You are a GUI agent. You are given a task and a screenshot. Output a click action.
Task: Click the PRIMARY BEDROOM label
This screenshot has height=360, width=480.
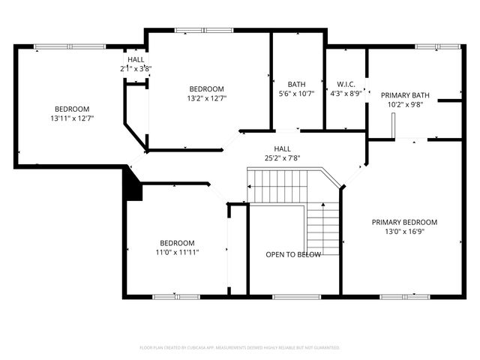click(x=405, y=222)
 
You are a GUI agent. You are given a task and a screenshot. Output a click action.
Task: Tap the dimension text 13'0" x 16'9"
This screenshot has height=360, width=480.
click(x=405, y=232)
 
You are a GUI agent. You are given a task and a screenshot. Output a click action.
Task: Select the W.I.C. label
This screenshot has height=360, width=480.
click(x=346, y=84)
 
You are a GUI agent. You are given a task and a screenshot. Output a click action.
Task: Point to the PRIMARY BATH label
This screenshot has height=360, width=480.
click(x=405, y=95)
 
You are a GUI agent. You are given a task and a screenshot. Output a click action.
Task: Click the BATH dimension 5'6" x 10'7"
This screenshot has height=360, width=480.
click(x=296, y=94)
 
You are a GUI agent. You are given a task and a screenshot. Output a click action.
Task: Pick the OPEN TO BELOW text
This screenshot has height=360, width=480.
click(x=293, y=255)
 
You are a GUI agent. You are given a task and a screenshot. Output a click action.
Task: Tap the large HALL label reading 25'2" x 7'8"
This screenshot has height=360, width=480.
click(x=282, y=158)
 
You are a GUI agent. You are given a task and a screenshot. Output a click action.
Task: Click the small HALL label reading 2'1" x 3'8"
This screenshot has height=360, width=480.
click(x=136, y=68)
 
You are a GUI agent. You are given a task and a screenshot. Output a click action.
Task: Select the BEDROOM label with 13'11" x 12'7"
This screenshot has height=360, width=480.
click(x=71, y=109)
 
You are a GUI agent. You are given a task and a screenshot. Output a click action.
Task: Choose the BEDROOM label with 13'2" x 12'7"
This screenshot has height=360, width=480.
click(x=206, y=88)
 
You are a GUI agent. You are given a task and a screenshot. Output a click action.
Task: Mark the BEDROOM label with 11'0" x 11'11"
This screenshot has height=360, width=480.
click(x=177, y=243)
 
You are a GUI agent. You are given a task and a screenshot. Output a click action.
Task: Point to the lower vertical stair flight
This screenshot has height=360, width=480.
click(x=323, y=228)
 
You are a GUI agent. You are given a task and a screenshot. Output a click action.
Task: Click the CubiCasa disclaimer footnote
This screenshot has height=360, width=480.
click(x=240, y=347)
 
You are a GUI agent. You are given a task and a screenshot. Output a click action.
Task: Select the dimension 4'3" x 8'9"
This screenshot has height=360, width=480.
click(x=346, y=94)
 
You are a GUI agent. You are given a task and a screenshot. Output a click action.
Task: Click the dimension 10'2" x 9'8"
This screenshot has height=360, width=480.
click(x=405, y=105)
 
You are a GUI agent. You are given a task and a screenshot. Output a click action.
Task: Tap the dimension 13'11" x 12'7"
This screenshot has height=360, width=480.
click(x=71, y=118)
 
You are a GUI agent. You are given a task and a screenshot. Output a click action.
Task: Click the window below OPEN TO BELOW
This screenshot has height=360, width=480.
click(x=293, y=296)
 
